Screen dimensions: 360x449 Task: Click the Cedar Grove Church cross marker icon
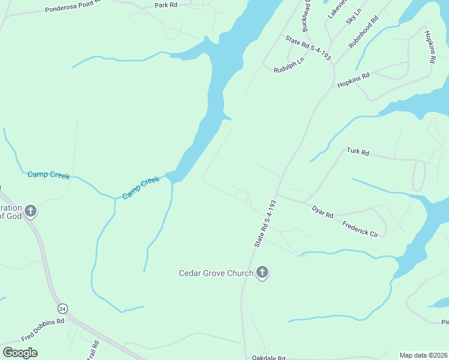click(x=262, y=273)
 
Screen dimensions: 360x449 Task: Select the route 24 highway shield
click(x=62, y=308)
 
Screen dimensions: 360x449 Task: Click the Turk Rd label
click(x=358, y=152)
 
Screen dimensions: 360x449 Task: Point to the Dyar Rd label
click(x=322, y=211)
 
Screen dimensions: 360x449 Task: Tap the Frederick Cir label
click(x=360, y=227)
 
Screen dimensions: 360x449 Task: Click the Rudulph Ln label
click(x=289, y=65)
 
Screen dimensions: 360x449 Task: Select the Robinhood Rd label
click(x=364, y=32)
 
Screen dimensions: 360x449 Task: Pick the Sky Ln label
click(x=354, y=17)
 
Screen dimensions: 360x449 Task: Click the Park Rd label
click(x=166, y=5)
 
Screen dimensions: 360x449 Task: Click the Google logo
click(x=20, y=352)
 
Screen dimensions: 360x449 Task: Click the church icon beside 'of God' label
click(x=30, y=211)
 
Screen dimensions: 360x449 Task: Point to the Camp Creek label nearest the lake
click(x=141, y=188)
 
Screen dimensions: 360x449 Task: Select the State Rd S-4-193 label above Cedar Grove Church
click(x=265, y=224)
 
